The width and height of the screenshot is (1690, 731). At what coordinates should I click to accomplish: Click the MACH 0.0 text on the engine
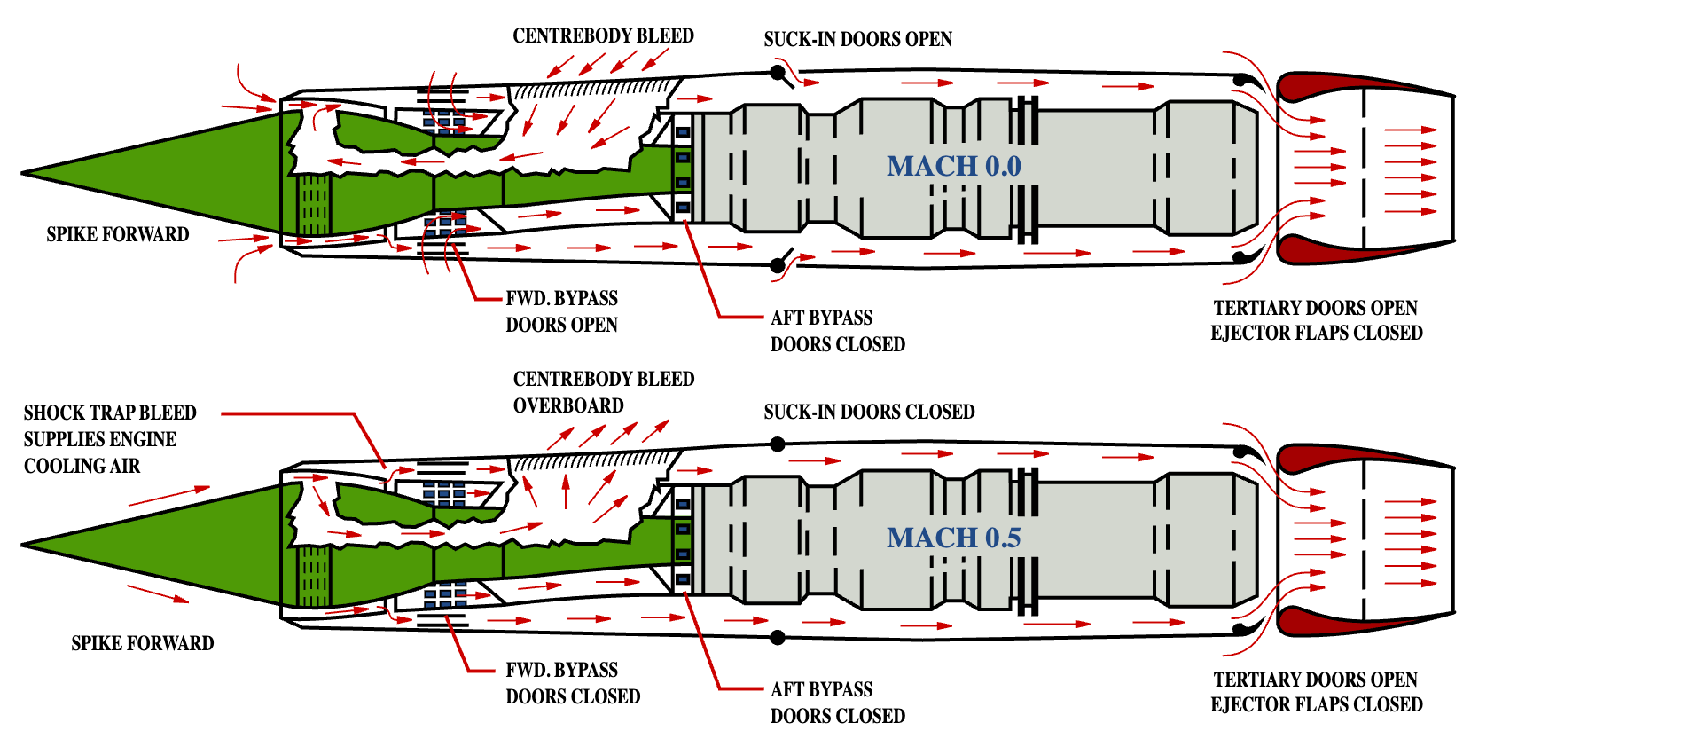954,166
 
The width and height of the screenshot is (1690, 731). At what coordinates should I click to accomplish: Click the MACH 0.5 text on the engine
954,538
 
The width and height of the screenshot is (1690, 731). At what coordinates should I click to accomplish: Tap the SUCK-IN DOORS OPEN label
857,39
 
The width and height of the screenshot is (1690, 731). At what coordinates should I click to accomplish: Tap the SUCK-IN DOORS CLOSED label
869,412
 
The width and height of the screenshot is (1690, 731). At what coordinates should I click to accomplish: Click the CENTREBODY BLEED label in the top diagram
603,35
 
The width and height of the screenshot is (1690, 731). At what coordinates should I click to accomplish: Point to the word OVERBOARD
568,405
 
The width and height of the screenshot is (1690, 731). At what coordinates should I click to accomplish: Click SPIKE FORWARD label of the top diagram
118,234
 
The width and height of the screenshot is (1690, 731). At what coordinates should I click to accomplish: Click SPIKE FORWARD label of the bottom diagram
143,643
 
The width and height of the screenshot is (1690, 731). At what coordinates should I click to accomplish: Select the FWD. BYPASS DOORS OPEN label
562,311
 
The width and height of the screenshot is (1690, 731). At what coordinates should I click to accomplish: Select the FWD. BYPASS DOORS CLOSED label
573,683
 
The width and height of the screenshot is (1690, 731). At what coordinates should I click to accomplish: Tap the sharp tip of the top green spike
23,173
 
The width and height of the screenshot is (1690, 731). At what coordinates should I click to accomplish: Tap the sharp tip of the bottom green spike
23,545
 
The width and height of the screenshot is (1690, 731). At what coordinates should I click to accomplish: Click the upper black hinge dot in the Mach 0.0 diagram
778,72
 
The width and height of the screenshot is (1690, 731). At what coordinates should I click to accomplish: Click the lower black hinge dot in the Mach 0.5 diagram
778,637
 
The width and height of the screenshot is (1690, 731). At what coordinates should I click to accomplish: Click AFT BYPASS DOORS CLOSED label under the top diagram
838,331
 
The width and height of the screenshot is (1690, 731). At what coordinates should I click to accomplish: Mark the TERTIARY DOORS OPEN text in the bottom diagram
1316,680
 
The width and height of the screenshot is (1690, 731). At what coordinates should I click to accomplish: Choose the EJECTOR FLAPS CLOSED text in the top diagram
1317,333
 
